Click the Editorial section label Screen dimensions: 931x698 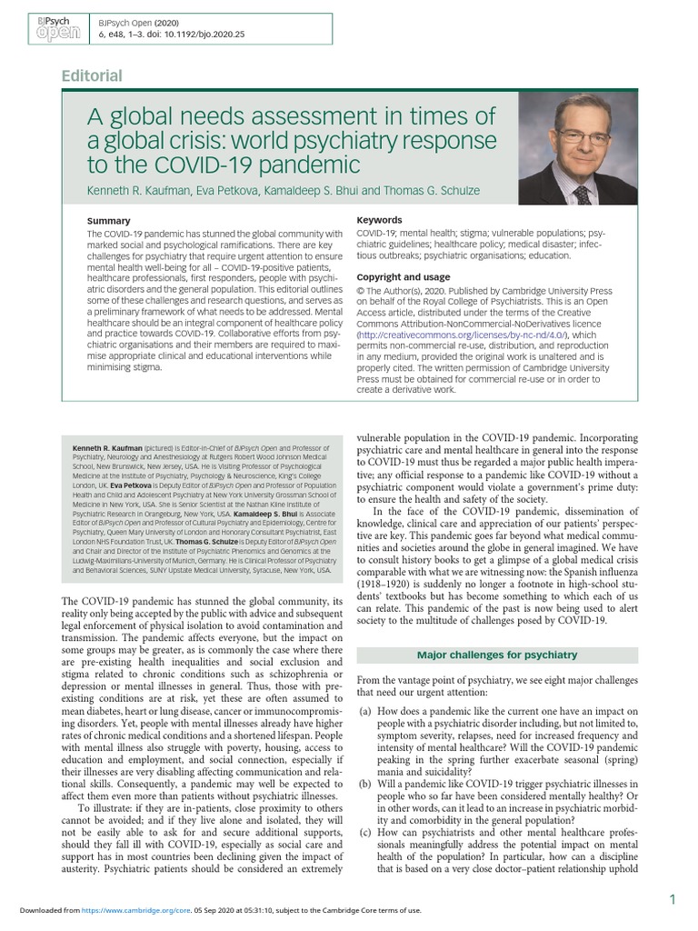coord(91,75)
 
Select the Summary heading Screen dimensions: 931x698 coord(108,221)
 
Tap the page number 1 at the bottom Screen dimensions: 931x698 coord(671,899)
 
